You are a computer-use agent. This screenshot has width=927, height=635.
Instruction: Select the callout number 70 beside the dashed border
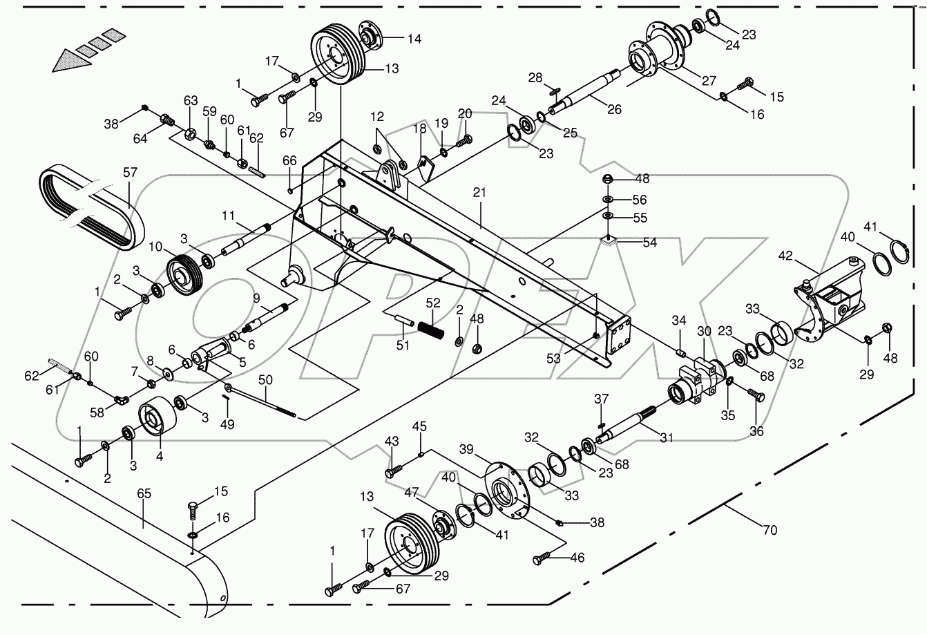pos(770,531)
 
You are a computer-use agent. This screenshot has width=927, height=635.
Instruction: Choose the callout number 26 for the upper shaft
pos(614,108)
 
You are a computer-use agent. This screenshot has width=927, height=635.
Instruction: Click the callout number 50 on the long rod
pos(265,379)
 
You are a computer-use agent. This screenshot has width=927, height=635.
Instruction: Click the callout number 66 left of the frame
pos(289,161)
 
